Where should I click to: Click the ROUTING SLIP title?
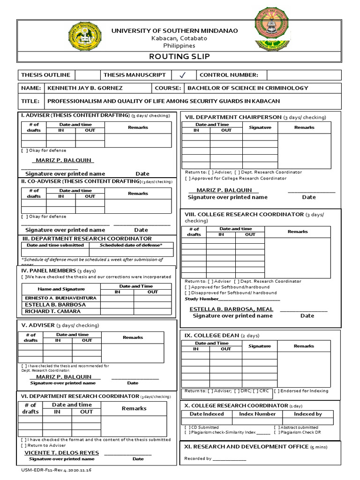coord(180,57)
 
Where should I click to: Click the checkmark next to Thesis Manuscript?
coord(183,75)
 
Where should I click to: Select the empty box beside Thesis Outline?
coord(87,75)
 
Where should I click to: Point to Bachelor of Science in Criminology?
coord(247,88)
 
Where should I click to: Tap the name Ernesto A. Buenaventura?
coord(60,298)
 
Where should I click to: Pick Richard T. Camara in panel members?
coord(52,311)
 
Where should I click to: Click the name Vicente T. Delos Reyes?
coord(61,453)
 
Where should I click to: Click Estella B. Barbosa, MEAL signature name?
coord(231,309)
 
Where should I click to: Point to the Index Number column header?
coord(257,414)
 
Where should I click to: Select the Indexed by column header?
coord(307,414)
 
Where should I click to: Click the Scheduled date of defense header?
coord(131,245)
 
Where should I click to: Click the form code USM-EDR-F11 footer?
coord(56,470)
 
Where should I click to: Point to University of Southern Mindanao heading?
coord(174,31)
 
